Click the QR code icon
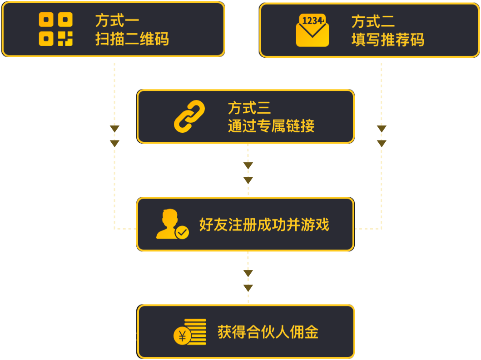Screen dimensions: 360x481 pos(55,29)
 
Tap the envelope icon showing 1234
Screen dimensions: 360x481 pos(312,30)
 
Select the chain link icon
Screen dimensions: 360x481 pos(189,116)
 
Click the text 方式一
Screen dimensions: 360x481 pos(117,20)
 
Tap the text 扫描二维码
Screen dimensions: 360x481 pos(132,39)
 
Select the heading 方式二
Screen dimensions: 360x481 pos(373,21)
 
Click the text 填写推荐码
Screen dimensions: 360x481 pos(387,40)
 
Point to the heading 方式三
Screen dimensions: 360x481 pos(249,108)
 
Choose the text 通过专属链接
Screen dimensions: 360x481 pos(271,126)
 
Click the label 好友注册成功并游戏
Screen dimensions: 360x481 pos(264,225)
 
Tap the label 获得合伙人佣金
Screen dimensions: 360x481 pos(268,332)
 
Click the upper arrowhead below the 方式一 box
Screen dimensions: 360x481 pos(114,129)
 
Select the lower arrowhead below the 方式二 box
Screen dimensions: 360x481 pos(382,144)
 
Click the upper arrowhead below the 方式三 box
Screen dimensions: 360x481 pos(248,166)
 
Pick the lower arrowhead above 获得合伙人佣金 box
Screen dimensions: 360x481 pos(248,288)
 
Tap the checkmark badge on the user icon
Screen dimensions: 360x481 pos(182,233)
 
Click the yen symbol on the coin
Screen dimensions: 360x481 pos(183,336)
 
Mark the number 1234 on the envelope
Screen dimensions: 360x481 pos(312,21)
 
